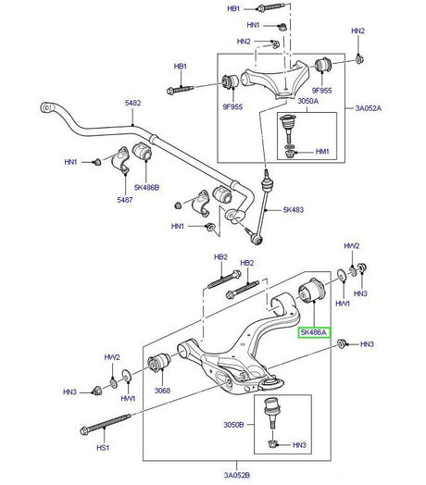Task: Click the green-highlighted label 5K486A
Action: tap(311, 330)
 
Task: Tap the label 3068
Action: tap(162, 391)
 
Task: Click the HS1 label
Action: tap(103, 448)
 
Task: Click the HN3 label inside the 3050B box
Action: tap(300, 445)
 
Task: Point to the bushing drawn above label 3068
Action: tap(158, 365)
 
